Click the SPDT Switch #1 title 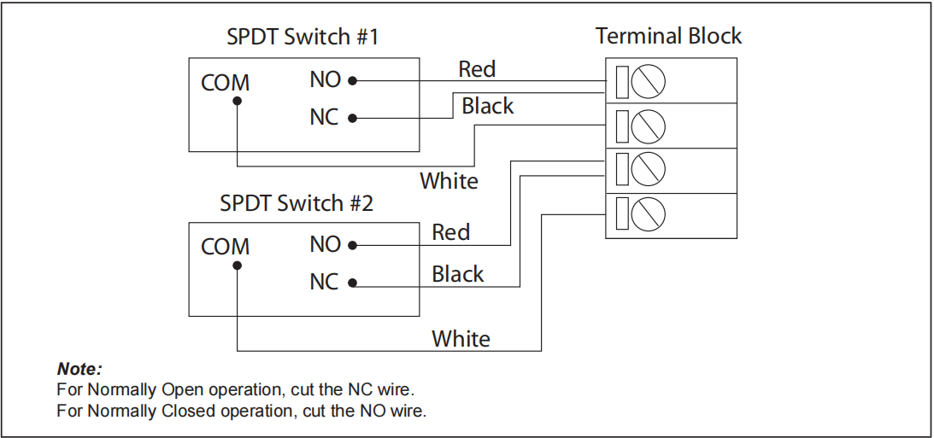(x=303, y=38)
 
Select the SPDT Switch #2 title (x=297, y=204)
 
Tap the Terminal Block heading (x=668, y=36)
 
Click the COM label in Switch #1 (x=225, y=83)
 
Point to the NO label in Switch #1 (x=325, y=79)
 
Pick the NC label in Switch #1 (x=324, y=117)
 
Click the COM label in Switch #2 (x=225, y=247)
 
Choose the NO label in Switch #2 (x=325, y=244)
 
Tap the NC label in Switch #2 (x=324, y=282)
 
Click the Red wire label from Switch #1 (x=477, y=68)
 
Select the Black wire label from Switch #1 (x=487, y=106)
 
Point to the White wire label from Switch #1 (x=449, y=181)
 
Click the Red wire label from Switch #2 (x=450, y=232)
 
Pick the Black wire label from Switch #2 (x=457, y=274)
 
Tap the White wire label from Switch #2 (x=461, y=339)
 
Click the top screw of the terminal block (x=649, y=81)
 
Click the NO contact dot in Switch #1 (x=352, y=81)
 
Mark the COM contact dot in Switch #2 (x=237, y=265)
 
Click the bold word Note (x=79, y=370)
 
